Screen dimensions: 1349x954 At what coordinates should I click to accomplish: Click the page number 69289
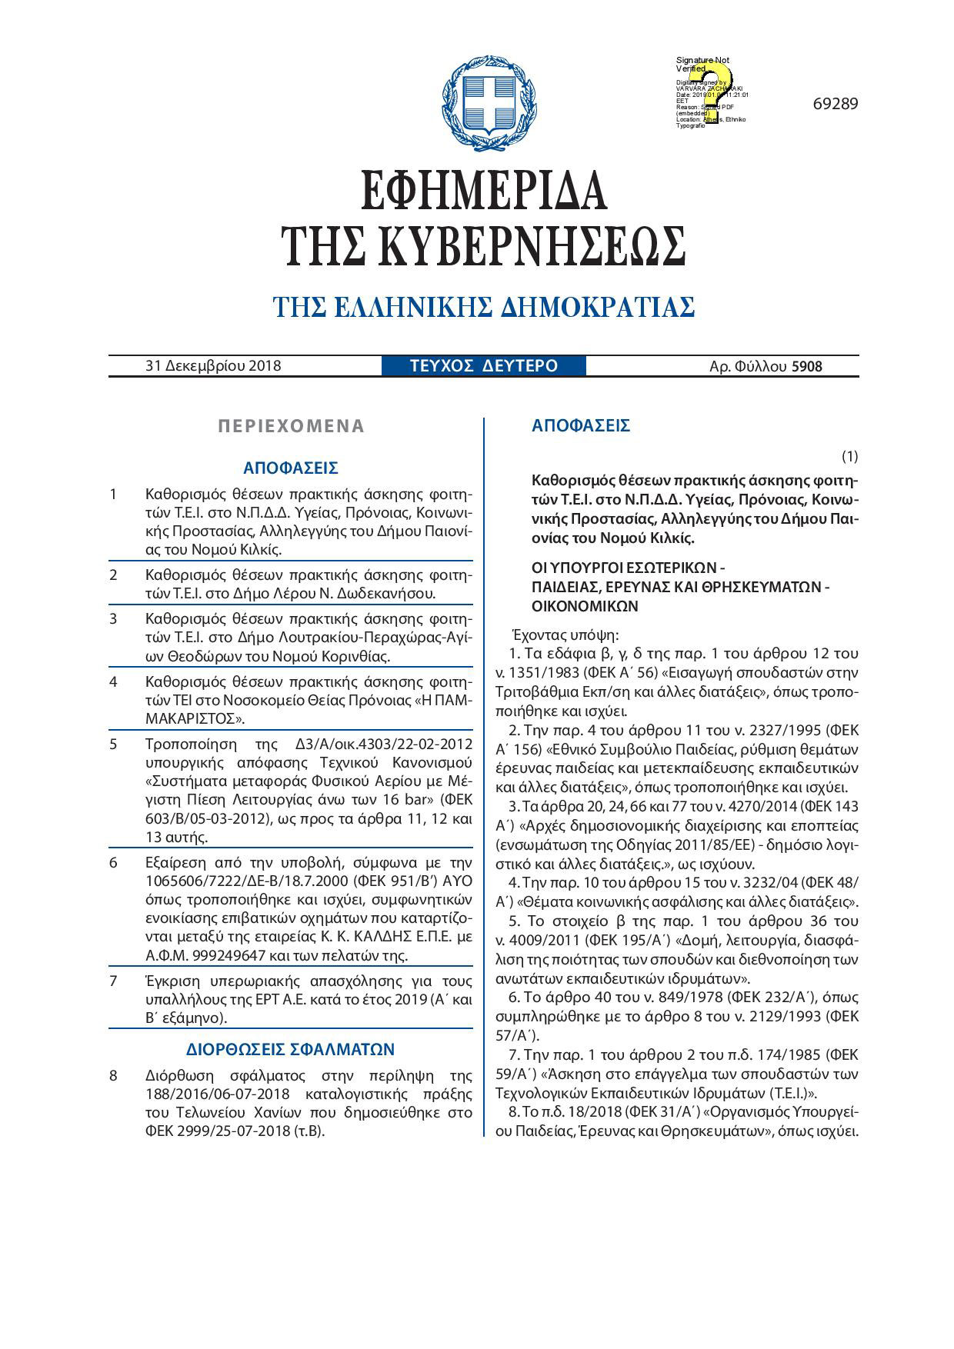tap(835, 104)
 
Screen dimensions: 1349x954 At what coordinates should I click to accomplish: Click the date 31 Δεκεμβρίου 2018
tap(213, 366)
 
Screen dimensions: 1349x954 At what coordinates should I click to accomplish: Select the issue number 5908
tap(807, 367)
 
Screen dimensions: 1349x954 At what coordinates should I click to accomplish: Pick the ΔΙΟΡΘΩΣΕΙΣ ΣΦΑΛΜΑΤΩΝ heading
tap(291, 1050)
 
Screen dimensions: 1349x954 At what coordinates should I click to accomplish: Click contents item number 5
tap(114, 744)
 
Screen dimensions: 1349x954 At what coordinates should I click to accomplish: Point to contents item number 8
tap(114, 1075)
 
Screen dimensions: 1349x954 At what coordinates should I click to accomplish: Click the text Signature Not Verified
tap(702, 65)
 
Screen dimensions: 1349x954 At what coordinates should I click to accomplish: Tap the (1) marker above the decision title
tap(849, 457)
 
